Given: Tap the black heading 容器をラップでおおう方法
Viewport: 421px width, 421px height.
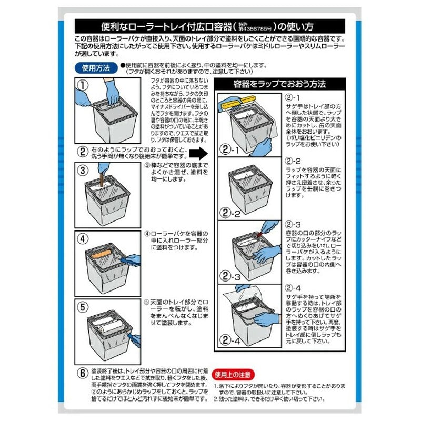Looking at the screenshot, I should [279, 84].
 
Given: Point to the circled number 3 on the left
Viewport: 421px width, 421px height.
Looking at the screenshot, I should [83, 170].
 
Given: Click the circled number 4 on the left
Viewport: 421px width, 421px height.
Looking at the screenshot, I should [83, 238].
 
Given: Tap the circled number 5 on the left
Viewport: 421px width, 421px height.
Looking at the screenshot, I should [83, 306].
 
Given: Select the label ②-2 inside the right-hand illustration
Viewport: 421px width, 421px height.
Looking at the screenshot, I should [230, 213].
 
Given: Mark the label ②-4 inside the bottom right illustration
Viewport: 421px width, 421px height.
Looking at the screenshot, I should [230, 341].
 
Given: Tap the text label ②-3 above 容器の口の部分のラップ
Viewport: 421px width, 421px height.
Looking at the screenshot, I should [293, 224].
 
